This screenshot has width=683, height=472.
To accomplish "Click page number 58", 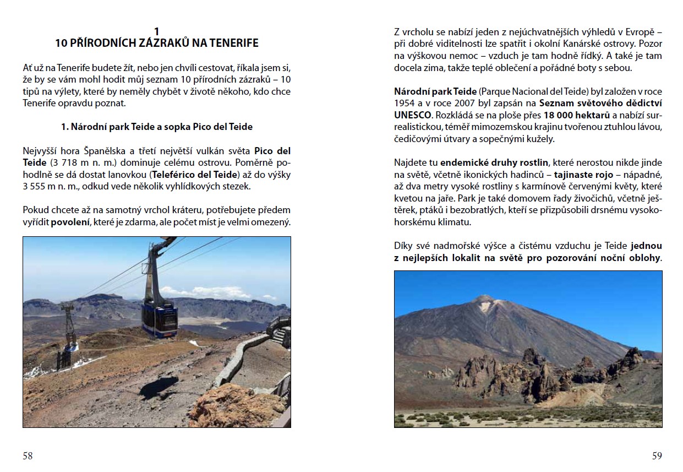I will point(28,455).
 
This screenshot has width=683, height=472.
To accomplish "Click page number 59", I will point(657,455).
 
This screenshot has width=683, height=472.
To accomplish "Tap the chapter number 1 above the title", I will point(157,31).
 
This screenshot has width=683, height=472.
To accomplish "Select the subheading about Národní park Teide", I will point(157,127).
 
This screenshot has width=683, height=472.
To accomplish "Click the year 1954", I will point(405,103).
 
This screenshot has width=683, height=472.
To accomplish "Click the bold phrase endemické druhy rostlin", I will point(494,162).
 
